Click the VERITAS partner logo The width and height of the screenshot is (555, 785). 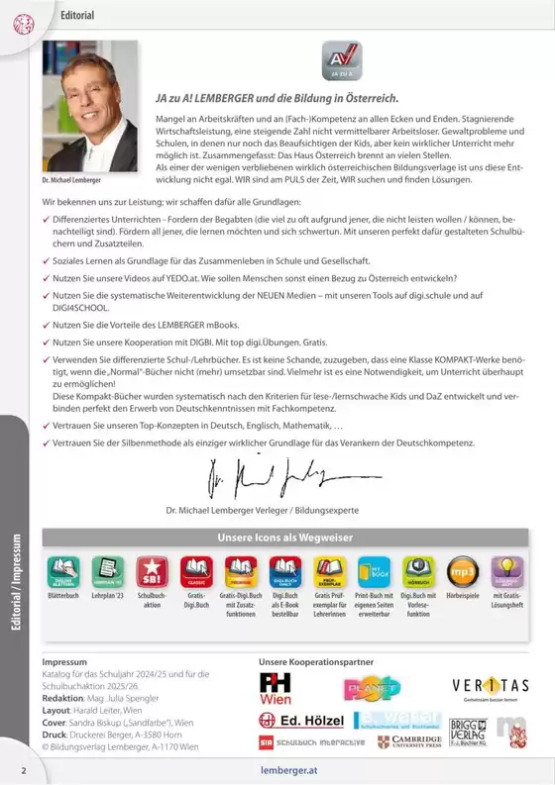(x=490, y=685)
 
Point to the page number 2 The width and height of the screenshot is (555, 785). (x=23, y=769)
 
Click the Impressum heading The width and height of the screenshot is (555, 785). (x=64, y=660)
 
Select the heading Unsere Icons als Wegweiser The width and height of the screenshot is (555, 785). (x=284, y=537)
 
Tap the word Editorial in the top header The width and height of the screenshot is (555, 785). (x=77, y=16)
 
